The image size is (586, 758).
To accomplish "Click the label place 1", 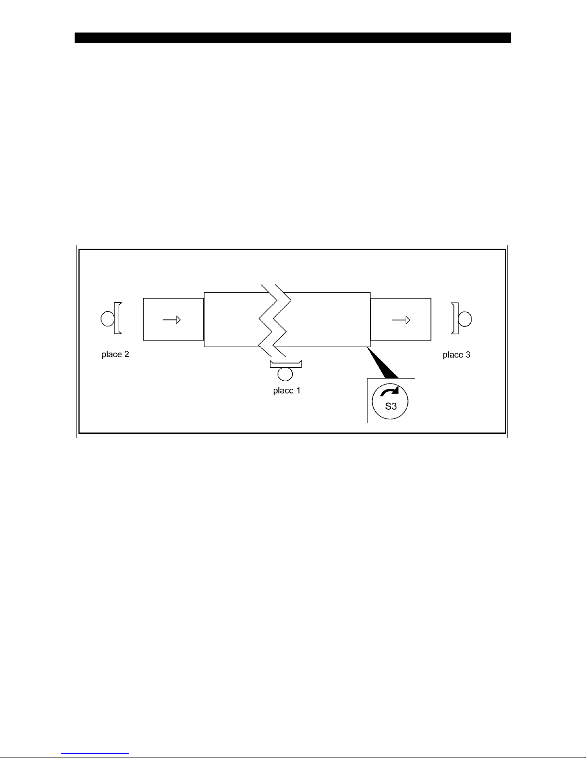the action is (287, 391).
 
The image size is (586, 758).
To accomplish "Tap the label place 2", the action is (115, 355).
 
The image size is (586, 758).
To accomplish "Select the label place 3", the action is (456, 355).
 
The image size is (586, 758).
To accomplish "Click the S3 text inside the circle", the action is (391, 406).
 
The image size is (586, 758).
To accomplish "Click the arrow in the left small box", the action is (171, 319).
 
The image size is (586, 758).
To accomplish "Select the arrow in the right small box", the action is (401, 320).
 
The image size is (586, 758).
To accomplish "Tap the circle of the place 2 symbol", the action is (107, 319).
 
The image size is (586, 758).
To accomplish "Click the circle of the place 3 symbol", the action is (465, 319).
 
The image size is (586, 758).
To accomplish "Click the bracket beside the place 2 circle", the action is (117, 319).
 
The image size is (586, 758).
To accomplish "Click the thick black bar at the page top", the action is (292, 38).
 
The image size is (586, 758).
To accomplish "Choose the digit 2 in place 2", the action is (126, 355).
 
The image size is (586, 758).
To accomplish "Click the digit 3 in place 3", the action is (468, 355).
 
